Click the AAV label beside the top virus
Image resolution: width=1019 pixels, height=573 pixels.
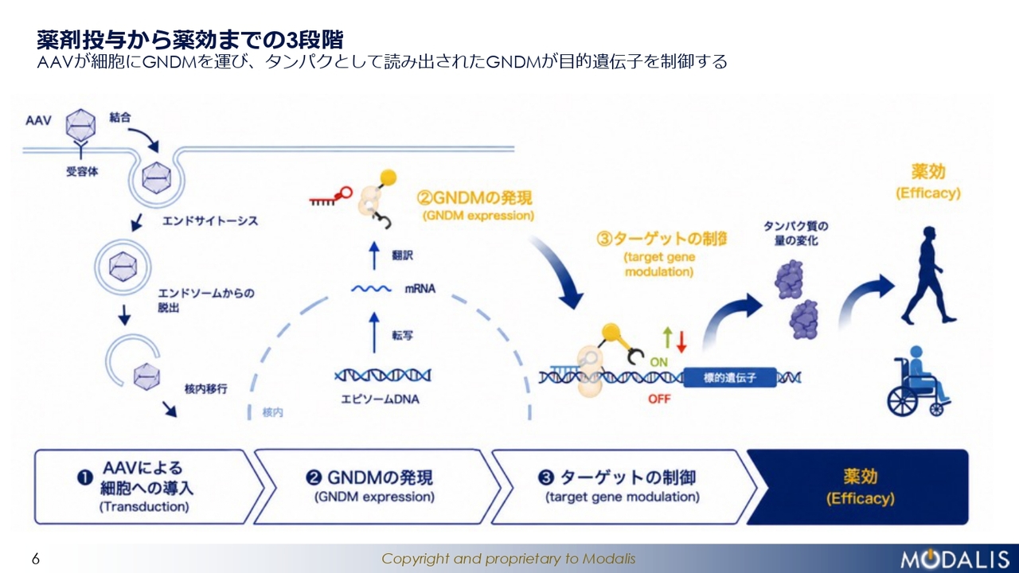point(38,120)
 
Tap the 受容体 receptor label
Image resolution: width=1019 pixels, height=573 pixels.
point(82,171)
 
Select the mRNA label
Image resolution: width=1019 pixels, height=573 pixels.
point(420,289)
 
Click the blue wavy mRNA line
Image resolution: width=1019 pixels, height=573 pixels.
point(371,289)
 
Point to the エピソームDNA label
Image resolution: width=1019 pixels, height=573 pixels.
point(381,400)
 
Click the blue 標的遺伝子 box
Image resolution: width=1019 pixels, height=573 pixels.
point(730,377)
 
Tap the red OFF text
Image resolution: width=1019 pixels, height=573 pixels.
point(659,399)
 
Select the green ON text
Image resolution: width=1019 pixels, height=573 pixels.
point(658,362)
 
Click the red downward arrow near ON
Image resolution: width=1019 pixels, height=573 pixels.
point(681,341)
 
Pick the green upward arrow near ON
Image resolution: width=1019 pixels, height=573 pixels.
point(667,337)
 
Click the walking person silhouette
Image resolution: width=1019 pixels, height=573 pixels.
point(928,275)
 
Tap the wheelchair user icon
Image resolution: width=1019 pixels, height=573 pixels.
point(918,381)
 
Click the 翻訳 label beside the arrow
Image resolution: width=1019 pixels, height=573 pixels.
point(403,255)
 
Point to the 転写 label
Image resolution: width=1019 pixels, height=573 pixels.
point(403,336)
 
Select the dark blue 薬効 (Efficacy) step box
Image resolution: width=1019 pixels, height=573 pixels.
point(857,487)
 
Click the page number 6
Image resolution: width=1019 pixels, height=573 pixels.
point(36,559)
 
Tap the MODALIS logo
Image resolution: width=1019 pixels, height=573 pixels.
point(955,559)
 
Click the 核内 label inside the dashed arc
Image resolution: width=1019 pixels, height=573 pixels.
point(272,412)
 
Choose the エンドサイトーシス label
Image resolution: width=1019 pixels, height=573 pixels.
point(210,221)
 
